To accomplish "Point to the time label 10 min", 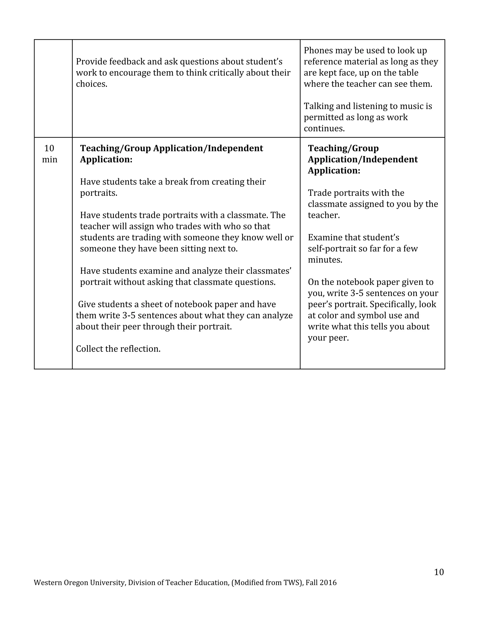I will point(49,154).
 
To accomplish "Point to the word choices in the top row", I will point(91,84).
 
